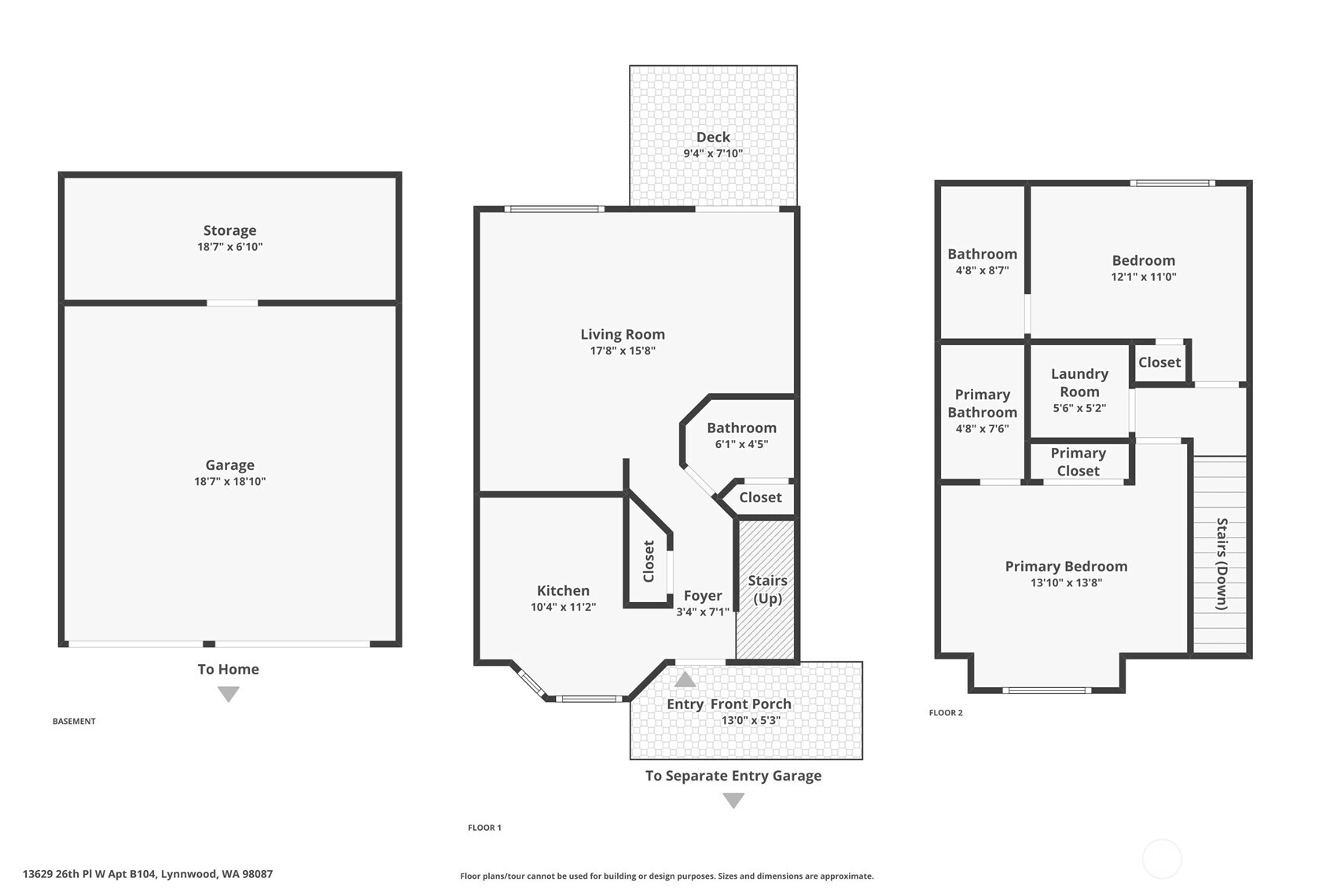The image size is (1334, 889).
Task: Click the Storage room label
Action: [230, 230]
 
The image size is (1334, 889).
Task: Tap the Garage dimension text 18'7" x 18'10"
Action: [230, 481]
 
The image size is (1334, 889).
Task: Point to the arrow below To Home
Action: [228, 694]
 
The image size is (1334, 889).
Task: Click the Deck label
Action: [713, 137]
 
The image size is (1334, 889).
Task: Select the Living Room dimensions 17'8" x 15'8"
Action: [623, 351]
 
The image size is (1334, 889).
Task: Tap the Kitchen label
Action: [563, 590]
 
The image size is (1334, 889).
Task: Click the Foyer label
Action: [703, 596]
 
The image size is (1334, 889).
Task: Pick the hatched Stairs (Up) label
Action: [767, 590]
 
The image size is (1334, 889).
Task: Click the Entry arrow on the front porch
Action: [685, 679]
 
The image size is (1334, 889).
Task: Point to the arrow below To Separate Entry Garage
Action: [733, 800]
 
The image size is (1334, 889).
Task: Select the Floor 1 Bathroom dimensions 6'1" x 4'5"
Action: [741, 444]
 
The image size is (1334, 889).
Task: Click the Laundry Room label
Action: [1079, 383]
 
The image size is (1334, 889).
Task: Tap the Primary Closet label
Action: [1078, 462]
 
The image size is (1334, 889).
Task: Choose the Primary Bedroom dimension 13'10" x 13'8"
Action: [1066, 583]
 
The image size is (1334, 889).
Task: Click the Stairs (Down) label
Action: [1222, 564]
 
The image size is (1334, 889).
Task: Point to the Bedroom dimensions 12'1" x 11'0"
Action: [1144, 277]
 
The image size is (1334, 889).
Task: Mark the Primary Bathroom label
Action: [982, 404]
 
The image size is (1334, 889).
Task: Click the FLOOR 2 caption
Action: [946, 713]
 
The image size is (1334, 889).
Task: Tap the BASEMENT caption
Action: [74, 721]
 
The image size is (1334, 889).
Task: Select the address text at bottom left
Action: [148, 874]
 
